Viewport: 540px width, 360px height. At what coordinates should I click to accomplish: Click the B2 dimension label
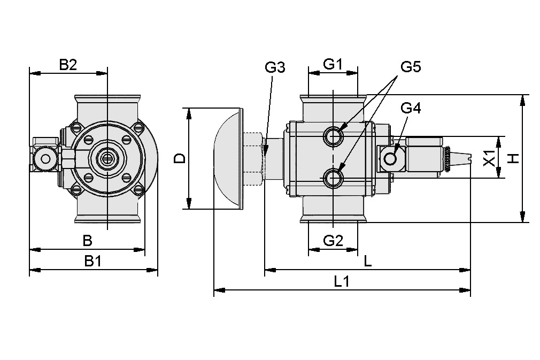[x=68, y=65]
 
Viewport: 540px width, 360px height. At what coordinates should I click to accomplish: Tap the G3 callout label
[x=275, y=67]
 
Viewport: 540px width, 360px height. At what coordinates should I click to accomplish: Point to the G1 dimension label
[x=333, y=64]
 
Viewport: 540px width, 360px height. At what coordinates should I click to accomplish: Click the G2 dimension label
[x=333, y=241]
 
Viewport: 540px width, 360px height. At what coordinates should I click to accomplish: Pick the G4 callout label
[x=411, y=108]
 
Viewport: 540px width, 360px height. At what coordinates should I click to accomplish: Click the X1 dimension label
[x=489, y=158]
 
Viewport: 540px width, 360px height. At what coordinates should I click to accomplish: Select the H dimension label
[x=513, y=158]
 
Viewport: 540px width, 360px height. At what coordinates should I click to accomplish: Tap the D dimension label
[x=181, y=158]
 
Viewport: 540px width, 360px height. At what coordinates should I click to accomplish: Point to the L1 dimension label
[x=342, y=282]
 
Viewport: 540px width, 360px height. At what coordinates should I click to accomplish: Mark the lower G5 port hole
[x=334, y=177]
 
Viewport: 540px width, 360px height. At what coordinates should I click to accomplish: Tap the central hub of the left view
[x=107, y=158]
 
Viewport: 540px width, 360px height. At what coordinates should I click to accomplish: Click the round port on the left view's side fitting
[x=45, y=159]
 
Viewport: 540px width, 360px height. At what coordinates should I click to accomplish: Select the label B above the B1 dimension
[x=87, y=241]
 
